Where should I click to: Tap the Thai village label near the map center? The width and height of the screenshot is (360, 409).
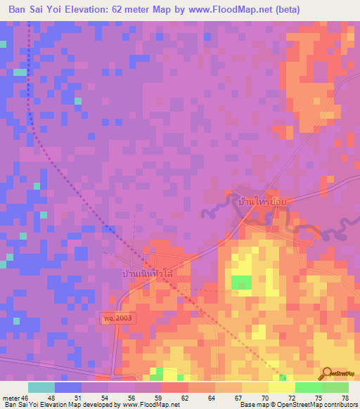[x=148, y=273]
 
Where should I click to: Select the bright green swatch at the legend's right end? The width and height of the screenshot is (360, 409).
[x=335, y=387]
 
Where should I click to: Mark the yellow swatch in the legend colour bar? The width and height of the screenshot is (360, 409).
[x=281, y=387]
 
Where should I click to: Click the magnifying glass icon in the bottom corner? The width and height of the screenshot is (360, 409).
[x=326, y=373]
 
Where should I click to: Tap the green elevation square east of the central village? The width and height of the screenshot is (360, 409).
[x=242, y=283]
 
